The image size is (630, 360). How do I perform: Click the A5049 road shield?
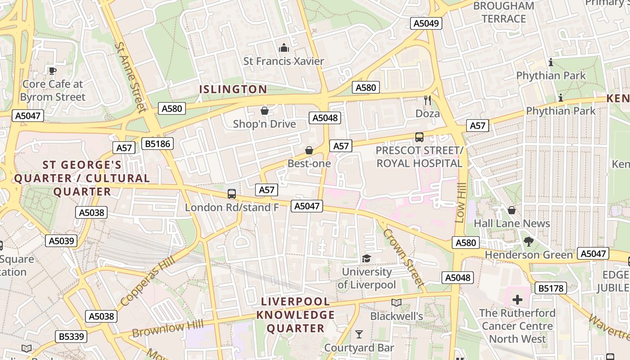pyautogui.click(x=426, y=23)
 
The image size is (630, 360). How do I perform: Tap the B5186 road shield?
pyautogui.click(x=157, y=144)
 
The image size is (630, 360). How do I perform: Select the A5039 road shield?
pyautogui.click(x=61, y=241)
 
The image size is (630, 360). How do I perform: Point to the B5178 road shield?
pyautogui.click(x=551, y=288)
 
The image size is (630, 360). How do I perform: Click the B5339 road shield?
pyautogui.click(x=71, y=336)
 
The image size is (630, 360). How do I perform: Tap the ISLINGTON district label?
pyautogui.click(x=233, y=89)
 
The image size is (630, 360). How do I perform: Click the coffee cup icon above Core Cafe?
pyautogui.click(x=53, y=71)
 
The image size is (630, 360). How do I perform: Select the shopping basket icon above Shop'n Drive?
pyautogui.click(x=265, y=111)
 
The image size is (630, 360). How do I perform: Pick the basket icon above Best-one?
pyautogui.click(x=309, y=150)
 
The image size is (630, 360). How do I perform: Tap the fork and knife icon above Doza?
pyautogui.click(x=427, y=100)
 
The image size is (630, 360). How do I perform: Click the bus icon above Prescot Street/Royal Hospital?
pyautogui.click(x=419, y=137)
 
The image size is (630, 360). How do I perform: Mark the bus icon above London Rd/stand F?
pyautogui.click(x=232, y=194)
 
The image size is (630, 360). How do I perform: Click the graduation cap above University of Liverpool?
pyautogui.click(x=367, y=258)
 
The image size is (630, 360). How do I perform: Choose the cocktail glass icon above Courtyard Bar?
pyautogui.click(x=359, y=334)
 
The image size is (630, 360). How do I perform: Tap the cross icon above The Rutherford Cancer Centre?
pyautogui.click(x=517, y=299)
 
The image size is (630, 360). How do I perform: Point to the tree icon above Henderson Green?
pyautogui.click(x=529, y=242)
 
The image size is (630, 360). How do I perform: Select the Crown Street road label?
pyautogui.click(x=404, y=258)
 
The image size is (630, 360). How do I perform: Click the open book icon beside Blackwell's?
pyautogui.click(x=396, y=303)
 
